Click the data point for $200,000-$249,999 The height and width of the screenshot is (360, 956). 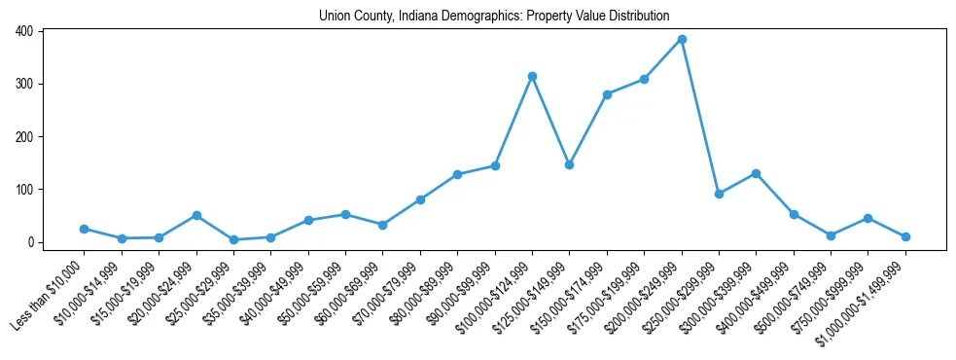[682, 39]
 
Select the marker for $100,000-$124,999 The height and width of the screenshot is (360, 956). [532, 76]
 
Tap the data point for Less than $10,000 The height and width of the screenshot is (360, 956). [84, 229]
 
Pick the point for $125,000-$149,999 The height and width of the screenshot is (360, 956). [569, 164]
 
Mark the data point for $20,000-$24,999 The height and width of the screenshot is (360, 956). [196, 215]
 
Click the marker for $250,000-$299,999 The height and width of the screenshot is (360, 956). [719, 194]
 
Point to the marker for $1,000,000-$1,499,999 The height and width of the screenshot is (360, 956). [905, 236]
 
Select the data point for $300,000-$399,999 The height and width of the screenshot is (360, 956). [756, 173]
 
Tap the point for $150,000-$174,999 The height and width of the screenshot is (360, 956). [607, 94]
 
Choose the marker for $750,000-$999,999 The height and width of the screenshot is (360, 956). [867, 218]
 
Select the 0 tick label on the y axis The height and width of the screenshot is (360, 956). [31, 242]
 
